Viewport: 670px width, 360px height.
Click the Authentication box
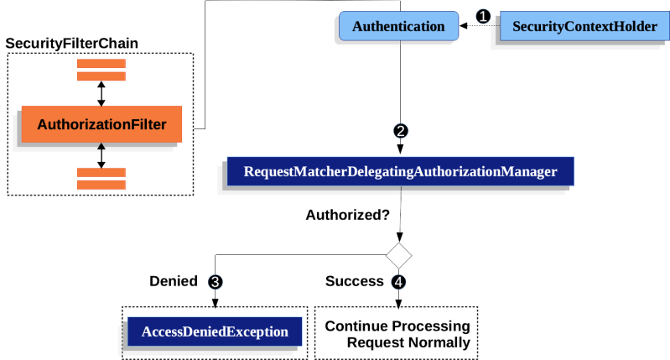point(397,27)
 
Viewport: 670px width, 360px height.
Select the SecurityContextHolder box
point(584,27)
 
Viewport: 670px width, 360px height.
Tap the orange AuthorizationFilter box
point(101,127)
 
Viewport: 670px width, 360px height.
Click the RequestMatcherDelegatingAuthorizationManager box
point(399,172)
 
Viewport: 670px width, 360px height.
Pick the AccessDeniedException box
point(214,331)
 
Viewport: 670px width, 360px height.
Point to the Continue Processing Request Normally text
point(397,333)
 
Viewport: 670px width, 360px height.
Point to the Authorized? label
point(347,215)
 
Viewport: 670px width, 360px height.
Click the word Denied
point(173,281)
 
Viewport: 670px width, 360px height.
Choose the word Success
point(354,281)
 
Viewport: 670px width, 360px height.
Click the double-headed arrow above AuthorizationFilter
point(101,93)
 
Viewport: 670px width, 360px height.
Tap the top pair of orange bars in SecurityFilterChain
point(101,70)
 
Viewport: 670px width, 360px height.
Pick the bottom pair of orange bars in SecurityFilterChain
point(101,178)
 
